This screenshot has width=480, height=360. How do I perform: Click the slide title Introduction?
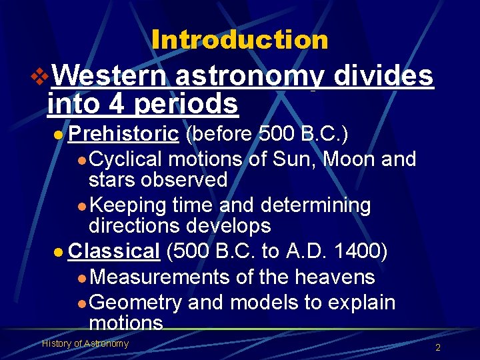(240, 40)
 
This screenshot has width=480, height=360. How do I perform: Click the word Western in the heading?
(109, 76)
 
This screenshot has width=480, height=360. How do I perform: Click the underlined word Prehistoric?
(123, 135)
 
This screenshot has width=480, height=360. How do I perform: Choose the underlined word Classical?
(114, 251)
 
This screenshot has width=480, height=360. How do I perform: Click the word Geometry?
(135, 302)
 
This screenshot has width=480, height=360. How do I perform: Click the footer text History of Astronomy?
(85, 343)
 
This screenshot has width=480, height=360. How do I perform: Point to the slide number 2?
(437, 347)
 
